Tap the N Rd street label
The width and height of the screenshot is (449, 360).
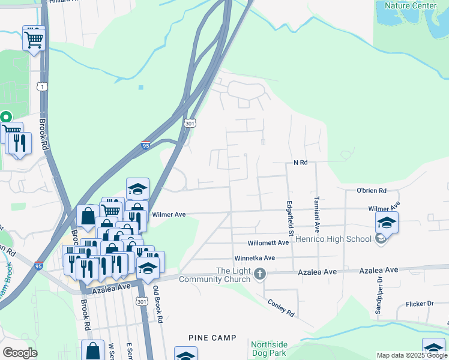click(300, 163)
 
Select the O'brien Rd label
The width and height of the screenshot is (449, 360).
click(371, 191)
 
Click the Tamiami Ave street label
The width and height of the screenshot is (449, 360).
click(316, 214)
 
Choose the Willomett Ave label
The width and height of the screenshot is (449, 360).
click(268, 243)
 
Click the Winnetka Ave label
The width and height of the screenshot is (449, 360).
click(255, 258)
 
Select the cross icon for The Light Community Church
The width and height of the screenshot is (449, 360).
click(260, 274)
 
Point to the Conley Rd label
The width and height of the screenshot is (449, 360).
click(280, 308)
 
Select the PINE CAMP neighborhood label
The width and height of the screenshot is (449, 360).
click(212, 338)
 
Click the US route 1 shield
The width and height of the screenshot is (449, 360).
click(41, 87)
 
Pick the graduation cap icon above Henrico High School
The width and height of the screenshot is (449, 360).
click(387, 222)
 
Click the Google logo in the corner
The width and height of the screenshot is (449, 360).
click(20, 352)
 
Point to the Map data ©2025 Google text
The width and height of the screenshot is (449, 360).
click(411, 355)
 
